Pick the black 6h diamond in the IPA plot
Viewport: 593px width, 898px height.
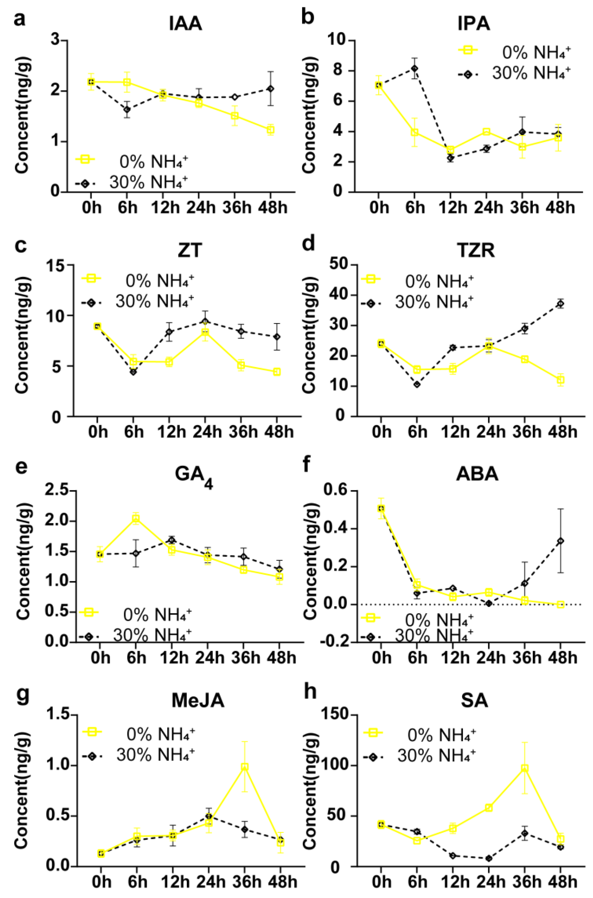tap(415, 68)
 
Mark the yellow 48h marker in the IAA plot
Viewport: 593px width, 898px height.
tap(270, 130)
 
